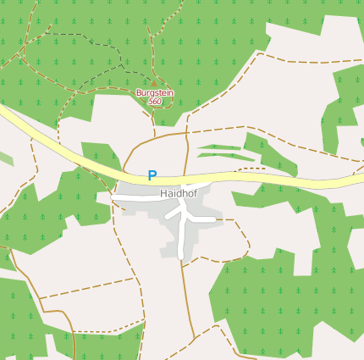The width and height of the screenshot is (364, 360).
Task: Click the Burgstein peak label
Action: [154, 92]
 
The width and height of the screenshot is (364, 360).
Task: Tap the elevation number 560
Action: [154, 102]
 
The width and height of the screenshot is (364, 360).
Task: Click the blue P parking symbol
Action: [152, 176]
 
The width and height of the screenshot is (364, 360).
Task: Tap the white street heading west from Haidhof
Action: [135, 197]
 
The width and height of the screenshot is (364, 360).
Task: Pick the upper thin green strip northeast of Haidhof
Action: [222, 147]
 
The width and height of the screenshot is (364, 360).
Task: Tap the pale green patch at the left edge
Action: [5, 158]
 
